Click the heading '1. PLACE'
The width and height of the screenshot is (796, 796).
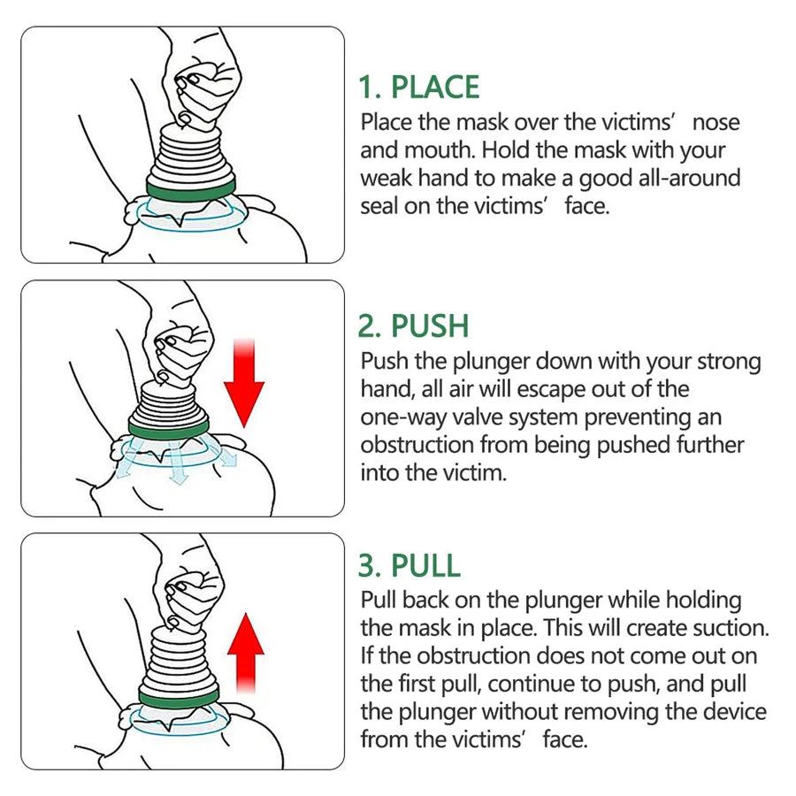tap(418, 88)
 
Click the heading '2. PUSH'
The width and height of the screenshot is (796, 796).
tap(413, 325)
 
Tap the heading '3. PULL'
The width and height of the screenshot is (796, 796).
tap(409, 564)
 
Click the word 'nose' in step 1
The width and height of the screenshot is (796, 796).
tap(716, 122)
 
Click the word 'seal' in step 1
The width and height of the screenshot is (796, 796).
tap(380, 206)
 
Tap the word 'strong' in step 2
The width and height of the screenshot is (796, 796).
tap(724, 362)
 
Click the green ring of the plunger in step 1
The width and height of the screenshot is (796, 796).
tap(192, 188)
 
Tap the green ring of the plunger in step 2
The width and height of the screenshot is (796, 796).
tap(169, 427)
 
